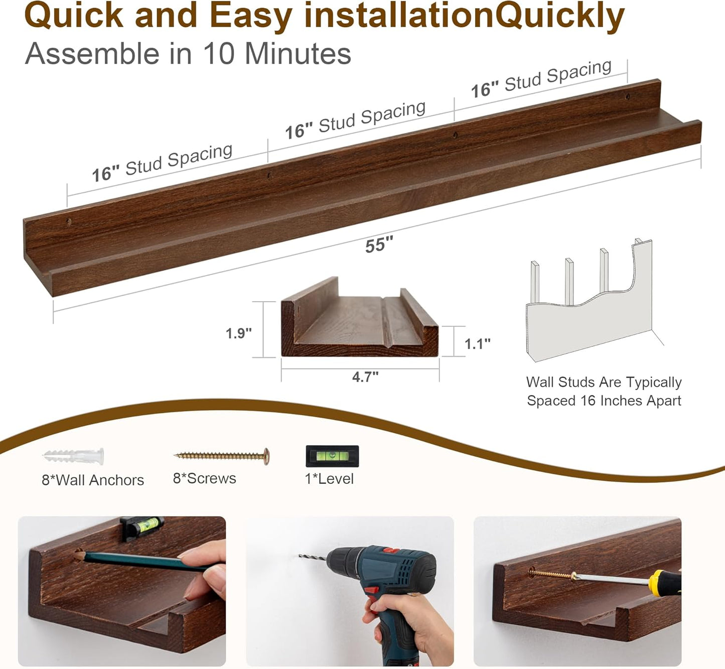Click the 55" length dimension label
pos(379,245)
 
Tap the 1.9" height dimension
pos(238,333)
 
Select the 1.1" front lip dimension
pos(477,344)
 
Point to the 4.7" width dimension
pos(365,376)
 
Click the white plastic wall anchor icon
pos(74,457)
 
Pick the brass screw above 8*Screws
pos(222,456)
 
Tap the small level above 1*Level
pos(332,456)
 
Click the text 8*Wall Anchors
pos(93,480)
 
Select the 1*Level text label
pos(329,479)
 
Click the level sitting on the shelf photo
pos(142,527)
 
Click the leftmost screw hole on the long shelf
pos(69,221)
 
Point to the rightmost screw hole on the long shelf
pos(627,96)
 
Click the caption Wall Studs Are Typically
pos(604,382)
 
